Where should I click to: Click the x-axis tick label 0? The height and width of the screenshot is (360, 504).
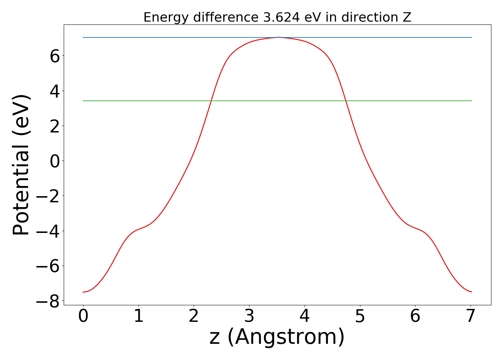click(83, 316)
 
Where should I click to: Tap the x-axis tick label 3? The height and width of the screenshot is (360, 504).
click(249, 316)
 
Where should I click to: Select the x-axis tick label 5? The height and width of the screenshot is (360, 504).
click(360, 316)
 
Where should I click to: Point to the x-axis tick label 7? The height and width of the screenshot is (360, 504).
click(471, 316)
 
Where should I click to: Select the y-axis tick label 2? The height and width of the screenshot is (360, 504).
click(55, 126)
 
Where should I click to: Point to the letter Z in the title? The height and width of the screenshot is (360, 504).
click(407, 17)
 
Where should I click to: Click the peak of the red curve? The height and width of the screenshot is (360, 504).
click(278, 37)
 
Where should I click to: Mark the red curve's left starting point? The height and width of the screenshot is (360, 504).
click(83, 292)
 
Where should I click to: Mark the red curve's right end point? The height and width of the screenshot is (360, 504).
click(472, 292)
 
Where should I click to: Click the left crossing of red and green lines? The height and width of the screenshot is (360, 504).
click(211, 101)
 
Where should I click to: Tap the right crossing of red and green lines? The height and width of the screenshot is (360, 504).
click(346, 101)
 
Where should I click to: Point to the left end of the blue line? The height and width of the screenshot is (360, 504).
click(83, 37)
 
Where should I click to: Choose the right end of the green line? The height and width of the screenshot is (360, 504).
click(472, 101)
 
